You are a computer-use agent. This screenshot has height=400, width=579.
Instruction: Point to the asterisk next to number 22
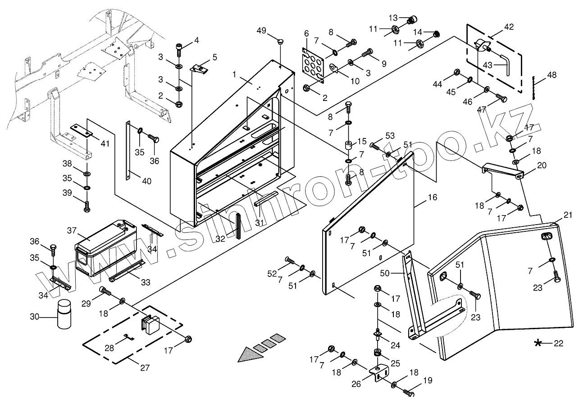pos(538,344)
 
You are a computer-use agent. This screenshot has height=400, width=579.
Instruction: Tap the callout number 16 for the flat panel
pos(433,198)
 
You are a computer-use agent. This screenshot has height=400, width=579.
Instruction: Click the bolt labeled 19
pos(408,393)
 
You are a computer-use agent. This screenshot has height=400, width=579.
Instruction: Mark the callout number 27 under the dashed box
pos(144,368)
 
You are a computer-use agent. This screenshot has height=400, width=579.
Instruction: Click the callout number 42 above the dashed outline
pos(508,27)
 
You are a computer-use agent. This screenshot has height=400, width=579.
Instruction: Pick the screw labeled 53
pos(375,145)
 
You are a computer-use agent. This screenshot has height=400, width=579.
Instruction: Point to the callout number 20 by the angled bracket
pos(541,165)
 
